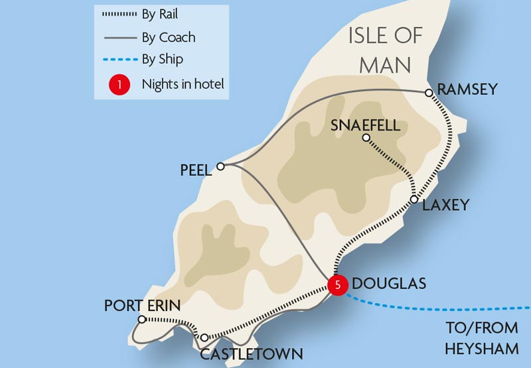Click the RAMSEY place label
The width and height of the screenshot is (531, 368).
(x=467, y=89)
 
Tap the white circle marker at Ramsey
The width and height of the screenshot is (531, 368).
(x=429, y=93)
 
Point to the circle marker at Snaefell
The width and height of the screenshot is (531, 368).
(x=365, y=138)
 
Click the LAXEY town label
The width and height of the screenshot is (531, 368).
(x=445, y=205)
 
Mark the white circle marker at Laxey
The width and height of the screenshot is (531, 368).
(x=414, y=200)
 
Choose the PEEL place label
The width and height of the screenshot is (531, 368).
(x=196, y=170)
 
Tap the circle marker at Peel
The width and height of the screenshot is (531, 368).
(x=221, y=166)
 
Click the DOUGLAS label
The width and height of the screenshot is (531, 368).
(x=389, y=284)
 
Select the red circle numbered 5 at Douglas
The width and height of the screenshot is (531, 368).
(x=338, y=286)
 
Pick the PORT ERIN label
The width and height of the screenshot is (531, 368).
(x=142, y=305)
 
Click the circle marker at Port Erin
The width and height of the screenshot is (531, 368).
(x=141, y=320)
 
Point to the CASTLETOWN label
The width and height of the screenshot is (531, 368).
(x=252, y=354)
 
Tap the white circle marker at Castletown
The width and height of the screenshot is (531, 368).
(x=204, y=337)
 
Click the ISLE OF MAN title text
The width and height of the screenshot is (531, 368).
(x=386, y=50)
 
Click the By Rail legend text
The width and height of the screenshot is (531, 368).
(x=160, y=14)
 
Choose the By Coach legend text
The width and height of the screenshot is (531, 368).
(x=169, y=37)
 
